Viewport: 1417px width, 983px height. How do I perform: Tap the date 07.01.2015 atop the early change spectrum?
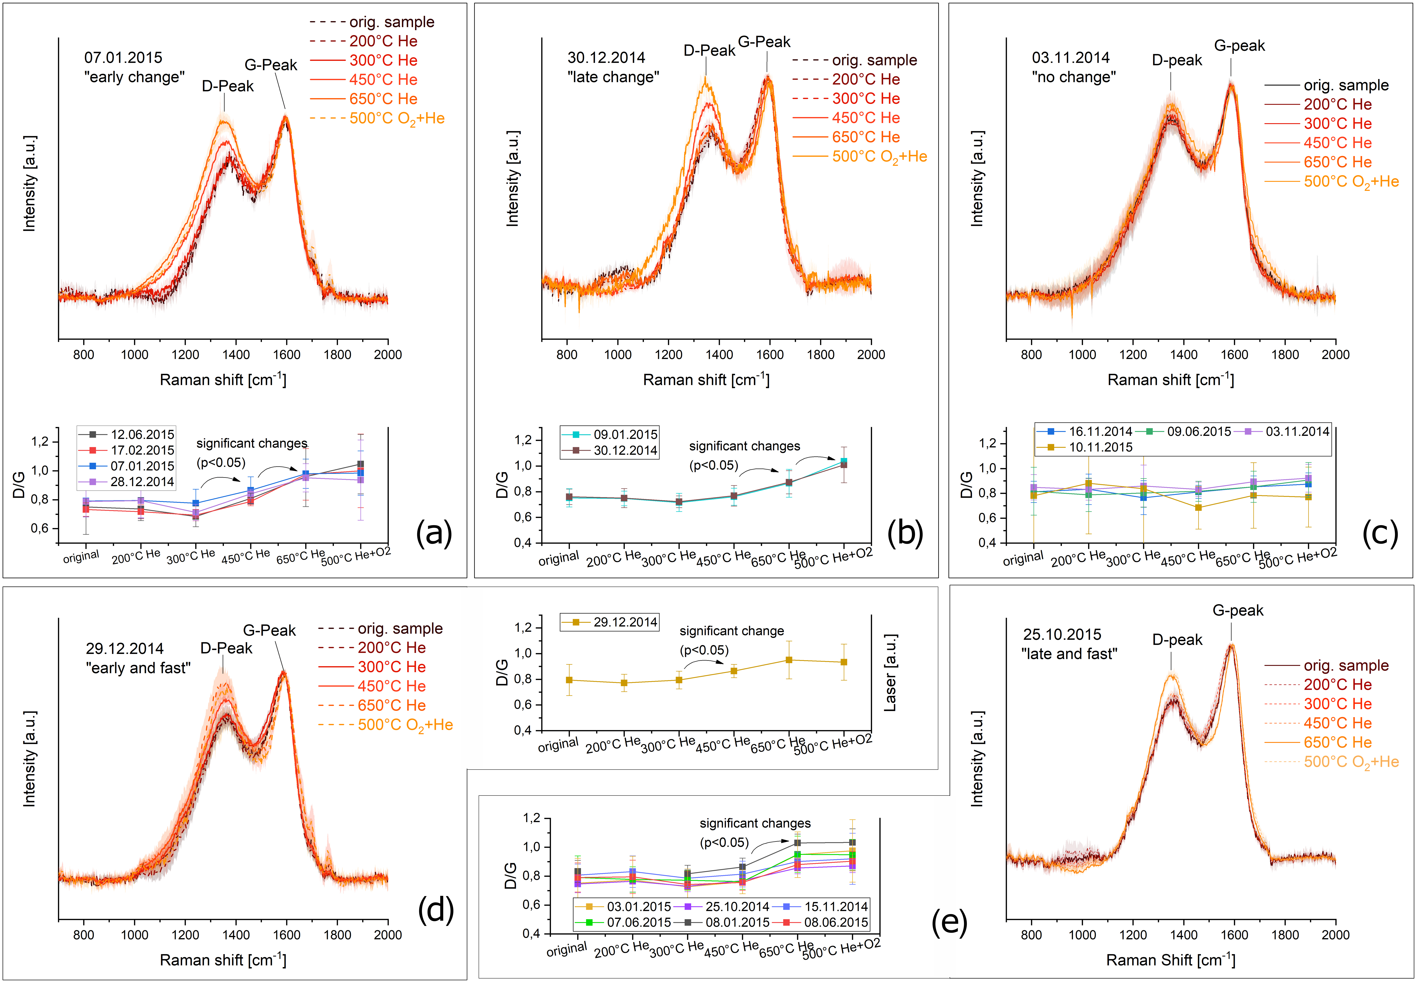pos(123,58)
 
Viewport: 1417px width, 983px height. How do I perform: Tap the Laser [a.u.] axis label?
pos(890,673)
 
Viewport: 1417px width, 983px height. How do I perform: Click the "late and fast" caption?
pos(1069,654)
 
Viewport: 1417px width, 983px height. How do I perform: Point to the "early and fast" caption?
pos(138,668)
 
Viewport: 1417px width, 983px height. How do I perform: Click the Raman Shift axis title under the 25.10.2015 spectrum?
pos(1170,960)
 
